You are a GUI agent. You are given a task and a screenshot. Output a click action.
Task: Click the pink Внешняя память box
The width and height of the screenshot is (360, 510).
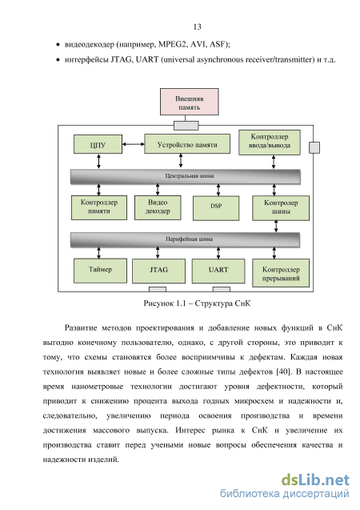pos(189,102)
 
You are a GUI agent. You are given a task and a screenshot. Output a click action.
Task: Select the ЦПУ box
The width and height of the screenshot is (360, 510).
pos(98,144)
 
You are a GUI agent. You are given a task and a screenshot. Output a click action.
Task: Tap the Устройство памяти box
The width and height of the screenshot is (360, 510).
pos(187,144)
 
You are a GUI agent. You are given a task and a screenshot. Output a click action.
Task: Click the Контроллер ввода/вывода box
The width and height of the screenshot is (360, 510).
pos(270,143)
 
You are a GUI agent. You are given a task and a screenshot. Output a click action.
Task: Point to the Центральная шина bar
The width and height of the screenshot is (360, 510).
pos(185,177)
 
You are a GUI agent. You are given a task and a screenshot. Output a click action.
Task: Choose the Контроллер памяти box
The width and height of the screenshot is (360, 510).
pos(99,207)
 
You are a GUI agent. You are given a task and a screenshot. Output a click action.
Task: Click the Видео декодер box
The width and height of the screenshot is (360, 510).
pos(158,207)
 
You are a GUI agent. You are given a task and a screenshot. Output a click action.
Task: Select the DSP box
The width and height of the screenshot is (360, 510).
pos(216,208)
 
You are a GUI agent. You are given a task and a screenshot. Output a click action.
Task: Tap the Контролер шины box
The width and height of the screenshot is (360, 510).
pos(281,208)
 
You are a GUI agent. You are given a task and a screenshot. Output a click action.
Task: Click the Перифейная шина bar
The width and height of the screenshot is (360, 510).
pos(185,239)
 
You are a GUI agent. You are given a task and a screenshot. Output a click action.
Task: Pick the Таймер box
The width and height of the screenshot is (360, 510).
pos(100,271)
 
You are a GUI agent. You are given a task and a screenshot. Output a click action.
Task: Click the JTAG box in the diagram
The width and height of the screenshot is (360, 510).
pos(158,271)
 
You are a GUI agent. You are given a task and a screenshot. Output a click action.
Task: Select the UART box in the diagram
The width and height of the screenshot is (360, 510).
pos(218,271)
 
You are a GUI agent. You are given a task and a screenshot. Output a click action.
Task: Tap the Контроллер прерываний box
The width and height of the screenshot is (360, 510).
pos(281,273)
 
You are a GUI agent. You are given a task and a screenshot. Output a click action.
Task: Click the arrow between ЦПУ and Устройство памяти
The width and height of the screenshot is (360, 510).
pos(134,144)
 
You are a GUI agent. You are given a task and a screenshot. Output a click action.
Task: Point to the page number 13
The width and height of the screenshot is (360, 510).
pos(198,26)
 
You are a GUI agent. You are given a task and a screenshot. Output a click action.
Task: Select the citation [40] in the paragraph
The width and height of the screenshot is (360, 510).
pos(282,371)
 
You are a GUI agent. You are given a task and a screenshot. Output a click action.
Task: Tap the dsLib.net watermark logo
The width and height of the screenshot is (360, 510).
pos(315,480)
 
